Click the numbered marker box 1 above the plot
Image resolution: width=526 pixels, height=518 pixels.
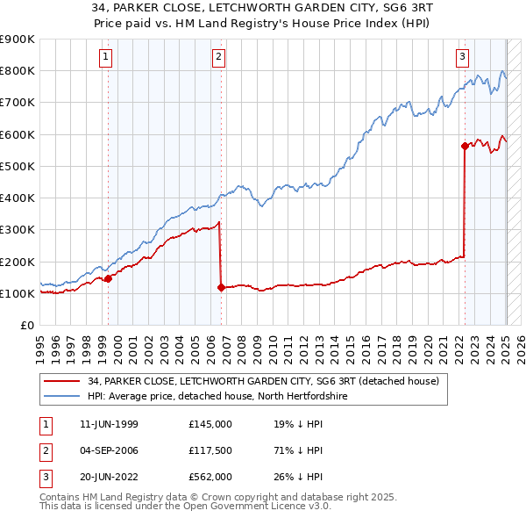coord(104,58)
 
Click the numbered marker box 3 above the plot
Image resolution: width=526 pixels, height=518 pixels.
coord(462,58)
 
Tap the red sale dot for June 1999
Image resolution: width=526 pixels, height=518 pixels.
coord(109,279)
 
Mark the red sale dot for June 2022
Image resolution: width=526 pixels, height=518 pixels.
coord(465,147)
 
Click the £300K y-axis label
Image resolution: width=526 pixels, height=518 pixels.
coord(18,230)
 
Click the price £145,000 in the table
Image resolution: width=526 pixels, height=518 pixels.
coord(210,424)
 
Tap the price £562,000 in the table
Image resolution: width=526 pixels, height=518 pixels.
coord(210,478)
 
